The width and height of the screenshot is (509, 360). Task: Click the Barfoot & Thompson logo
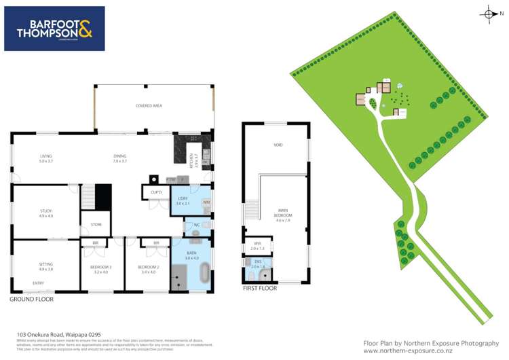pos(54,29)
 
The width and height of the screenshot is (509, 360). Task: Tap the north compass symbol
pos(489,14)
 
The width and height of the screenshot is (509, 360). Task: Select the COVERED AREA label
pos(149,106)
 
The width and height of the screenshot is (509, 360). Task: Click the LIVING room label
pos(45,158)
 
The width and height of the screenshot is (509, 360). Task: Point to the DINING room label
pos(120,158)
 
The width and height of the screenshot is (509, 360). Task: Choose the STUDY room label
pos(45,213)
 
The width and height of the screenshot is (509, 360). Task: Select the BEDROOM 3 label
pos(101,268)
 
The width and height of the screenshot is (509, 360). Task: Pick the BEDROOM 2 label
pos(147,268)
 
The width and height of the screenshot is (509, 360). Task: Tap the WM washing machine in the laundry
pos(206,202)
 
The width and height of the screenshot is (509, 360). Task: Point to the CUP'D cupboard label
pos(155,192)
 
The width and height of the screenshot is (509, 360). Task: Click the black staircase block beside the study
pos(102,197)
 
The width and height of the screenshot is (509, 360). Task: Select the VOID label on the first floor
pos(278,145)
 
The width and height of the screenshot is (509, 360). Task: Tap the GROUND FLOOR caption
pos(31,299)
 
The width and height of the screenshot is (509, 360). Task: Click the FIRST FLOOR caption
pos(260,289)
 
